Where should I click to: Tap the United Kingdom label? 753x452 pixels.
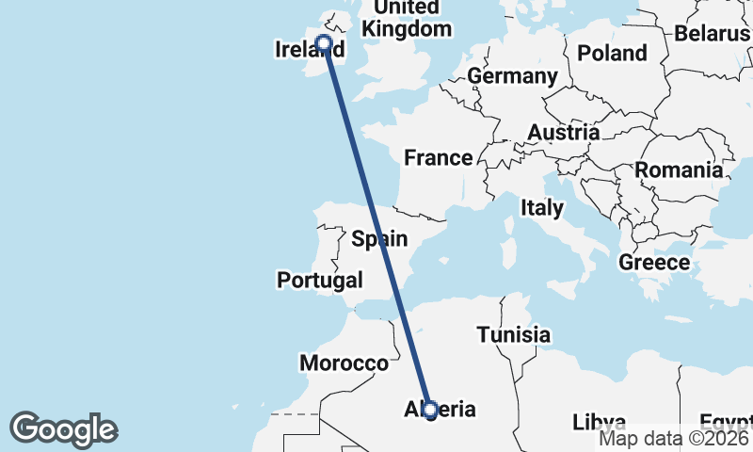pos(407,19)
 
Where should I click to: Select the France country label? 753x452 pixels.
pos(438,157)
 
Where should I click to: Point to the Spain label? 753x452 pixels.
pos(379,239)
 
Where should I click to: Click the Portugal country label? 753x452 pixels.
pos(319,280)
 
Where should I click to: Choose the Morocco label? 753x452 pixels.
pos(344,363)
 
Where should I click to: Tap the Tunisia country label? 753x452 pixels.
pos(513,334)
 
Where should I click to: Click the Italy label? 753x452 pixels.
pos(542,208)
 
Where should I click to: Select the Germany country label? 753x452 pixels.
pos(512,75)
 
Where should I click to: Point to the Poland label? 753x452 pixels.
pos(612,53)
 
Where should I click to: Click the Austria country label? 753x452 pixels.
pos(563,133)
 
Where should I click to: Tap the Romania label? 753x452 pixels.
pos(679,170)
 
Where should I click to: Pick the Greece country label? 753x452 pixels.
pos(654,263)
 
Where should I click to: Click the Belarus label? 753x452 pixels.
pos(712,34)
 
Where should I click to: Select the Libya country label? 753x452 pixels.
pos(600,420)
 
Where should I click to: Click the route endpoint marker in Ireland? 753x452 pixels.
pos(324,42)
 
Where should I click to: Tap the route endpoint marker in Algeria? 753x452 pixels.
pos(430,410)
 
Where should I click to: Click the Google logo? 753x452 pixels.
pos(63,429)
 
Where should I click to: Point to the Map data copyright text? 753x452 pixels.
pos(675,437)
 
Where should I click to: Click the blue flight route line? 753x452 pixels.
pos(376,226)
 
